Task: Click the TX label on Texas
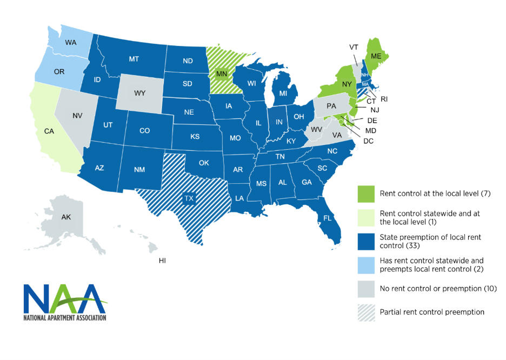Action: tap(189, 198)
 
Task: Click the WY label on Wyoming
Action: tap(139, 93)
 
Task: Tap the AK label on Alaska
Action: tap(66, 217)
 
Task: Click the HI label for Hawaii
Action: tap(162, 261)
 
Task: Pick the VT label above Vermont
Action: tap(354, 48)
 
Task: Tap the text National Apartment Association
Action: tap(65, 317)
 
